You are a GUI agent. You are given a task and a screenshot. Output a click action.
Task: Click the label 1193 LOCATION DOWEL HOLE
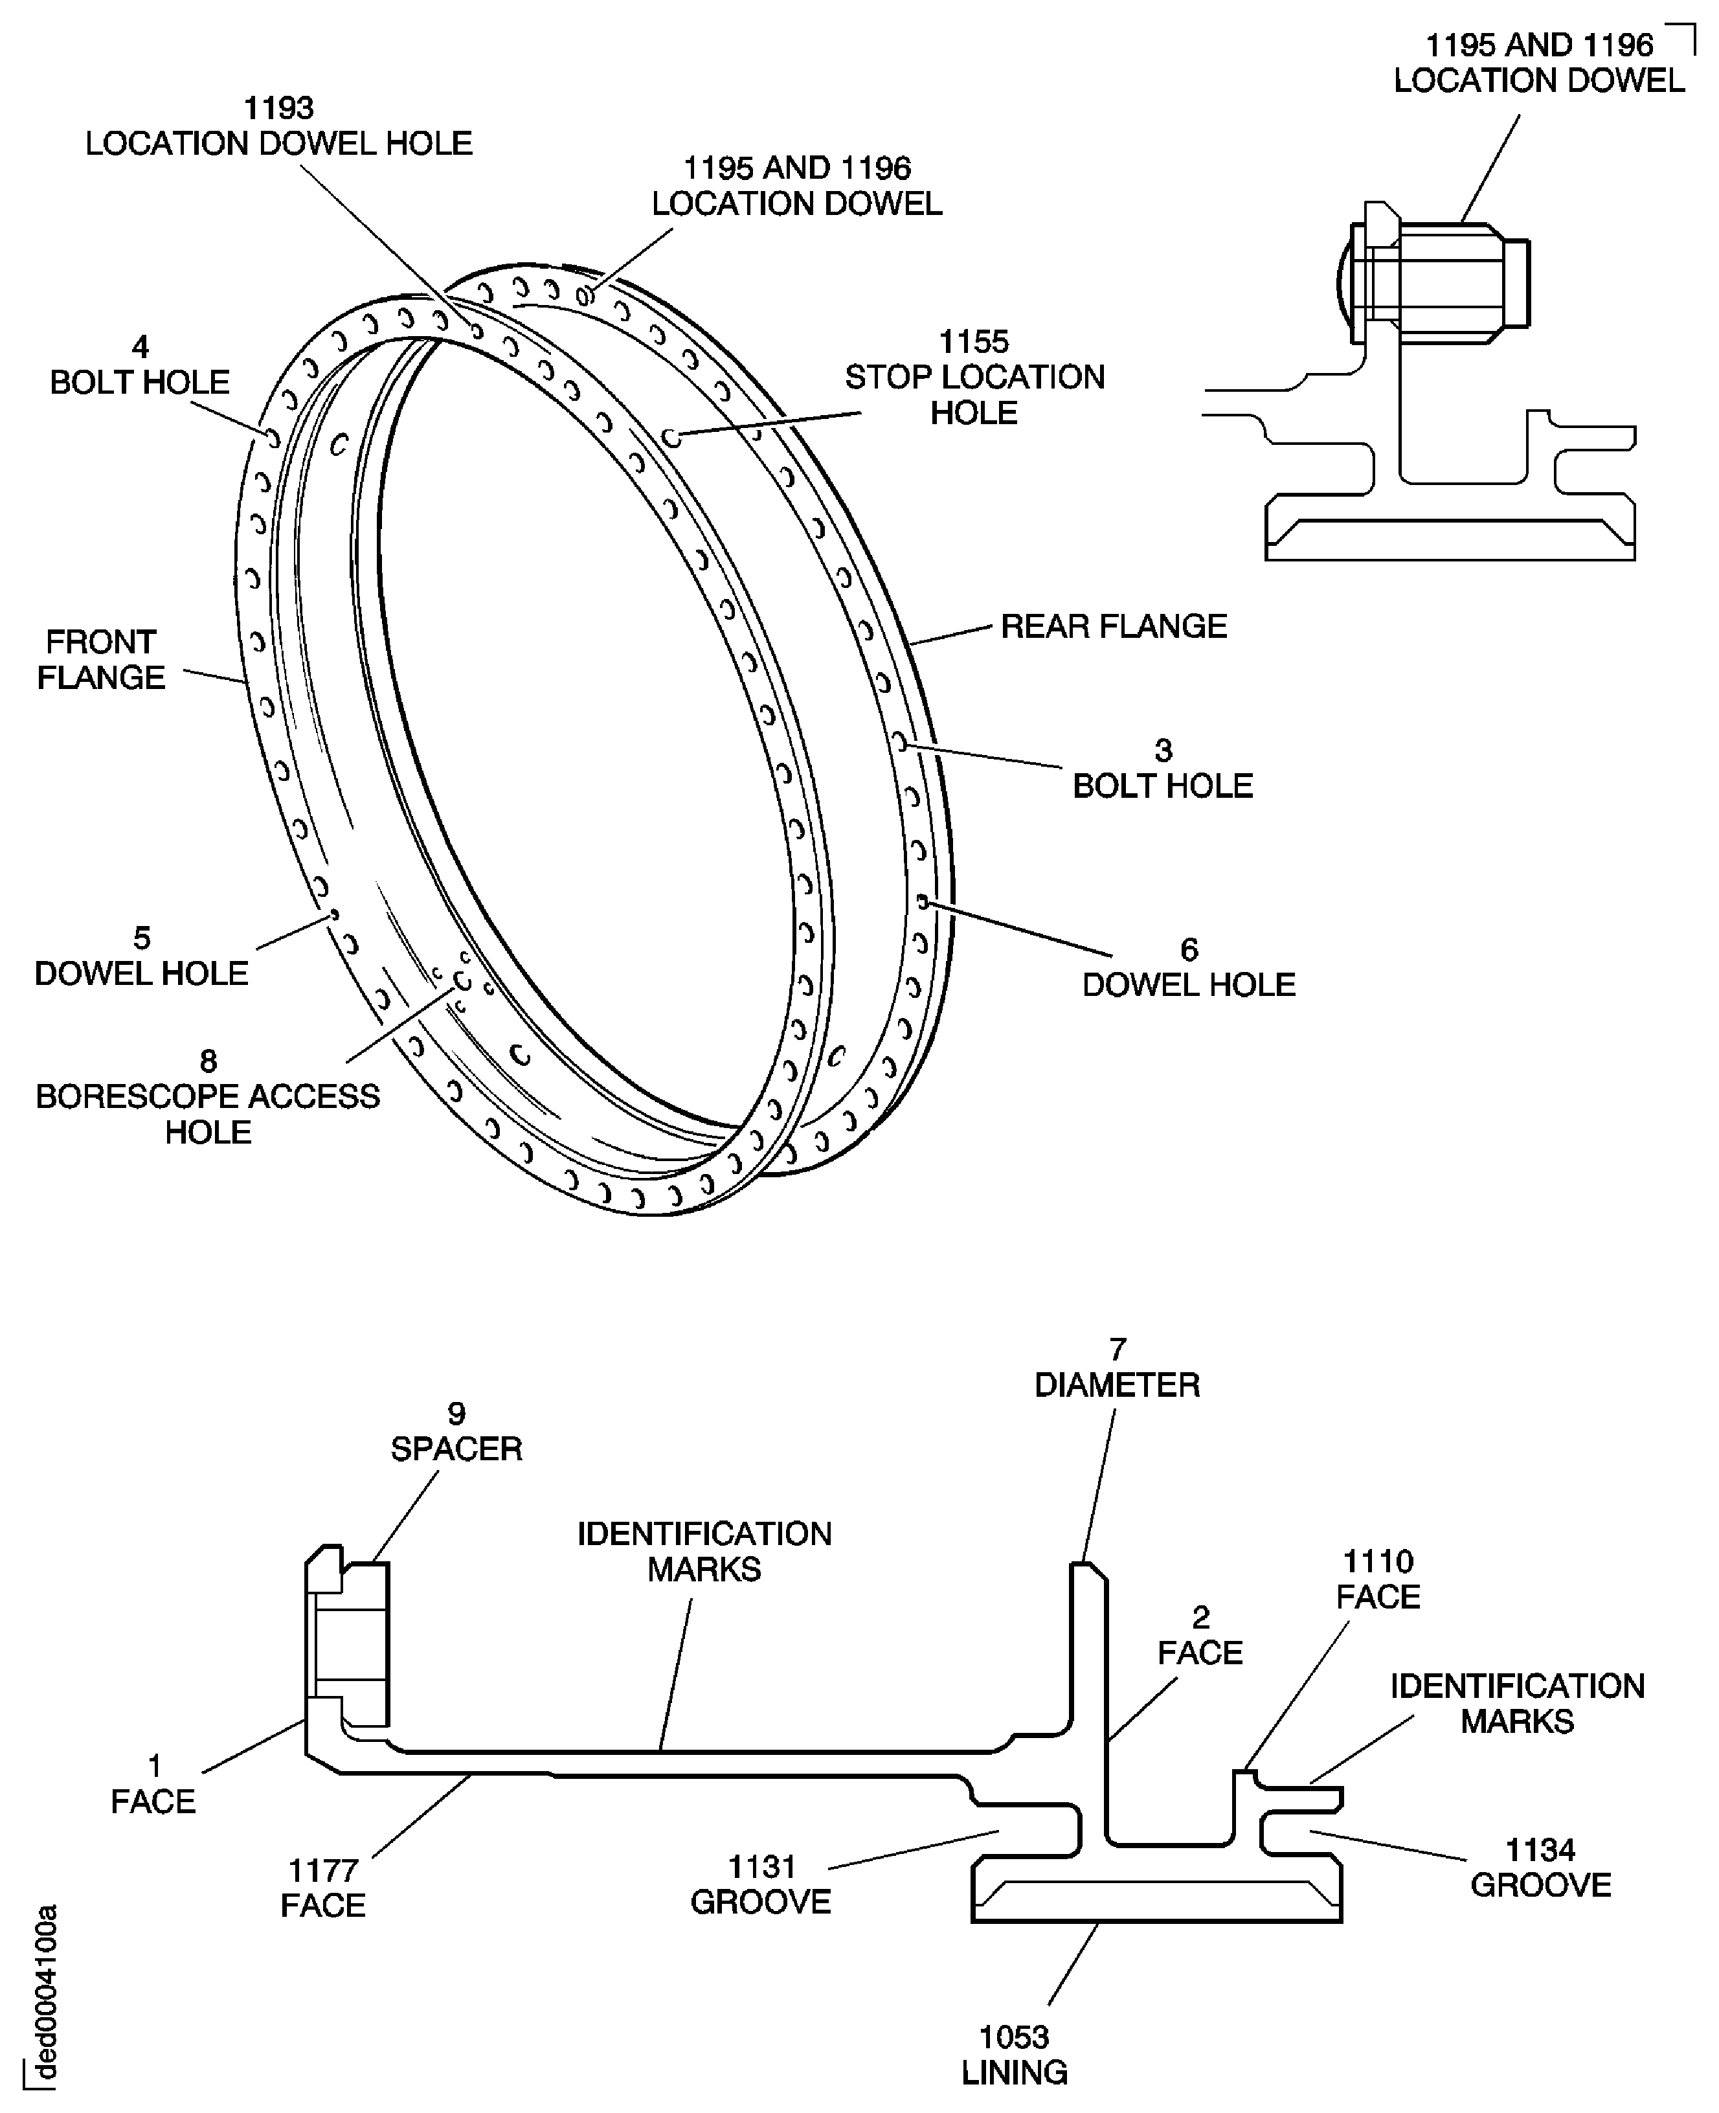pos(278,126)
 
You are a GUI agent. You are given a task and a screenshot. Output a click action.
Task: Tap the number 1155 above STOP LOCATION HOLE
pos(973,342)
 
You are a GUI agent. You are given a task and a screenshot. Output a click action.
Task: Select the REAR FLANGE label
pos(1113,626)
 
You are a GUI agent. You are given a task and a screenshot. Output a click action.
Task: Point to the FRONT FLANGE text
pos(101,659)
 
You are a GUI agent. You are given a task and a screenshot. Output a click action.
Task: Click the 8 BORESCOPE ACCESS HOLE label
pos(208,1097)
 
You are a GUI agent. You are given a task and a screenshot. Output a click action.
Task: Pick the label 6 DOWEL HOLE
pos(1188,967)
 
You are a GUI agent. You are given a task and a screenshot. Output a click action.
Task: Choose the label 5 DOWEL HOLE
pos(142,956)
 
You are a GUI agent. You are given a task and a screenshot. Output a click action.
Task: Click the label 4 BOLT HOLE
pos(140,365)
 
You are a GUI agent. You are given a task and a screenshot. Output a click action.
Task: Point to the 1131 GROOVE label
pos(761,1884)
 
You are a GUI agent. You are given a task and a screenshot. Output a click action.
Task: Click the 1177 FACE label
pos(323,1887)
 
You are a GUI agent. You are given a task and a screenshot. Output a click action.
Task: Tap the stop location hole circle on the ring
pos(671,436)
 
